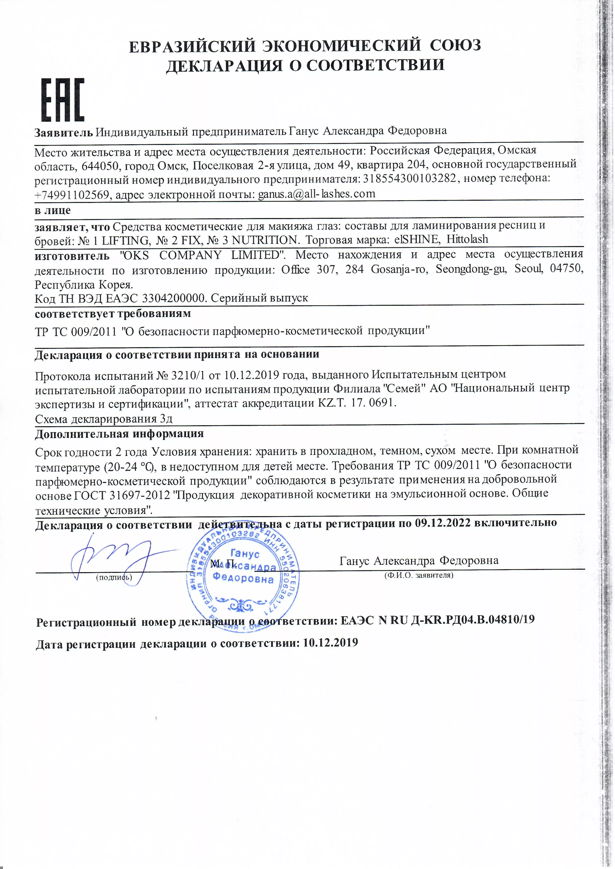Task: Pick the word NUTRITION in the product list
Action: click(x=264, y=240)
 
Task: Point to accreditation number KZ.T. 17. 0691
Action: click(x=356, y=403)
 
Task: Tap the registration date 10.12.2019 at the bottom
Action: click(x=330, y=643)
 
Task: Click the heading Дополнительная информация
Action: click(x=119, y=434)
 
